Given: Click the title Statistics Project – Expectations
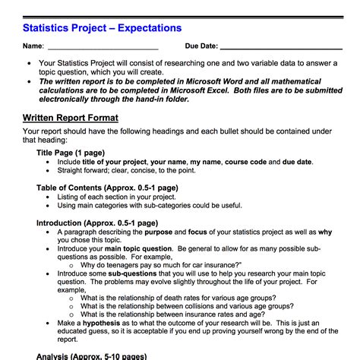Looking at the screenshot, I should pyautogui.click(x=102, y=28).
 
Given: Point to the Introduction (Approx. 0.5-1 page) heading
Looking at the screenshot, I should pyautogui.click(x=97, y=223).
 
